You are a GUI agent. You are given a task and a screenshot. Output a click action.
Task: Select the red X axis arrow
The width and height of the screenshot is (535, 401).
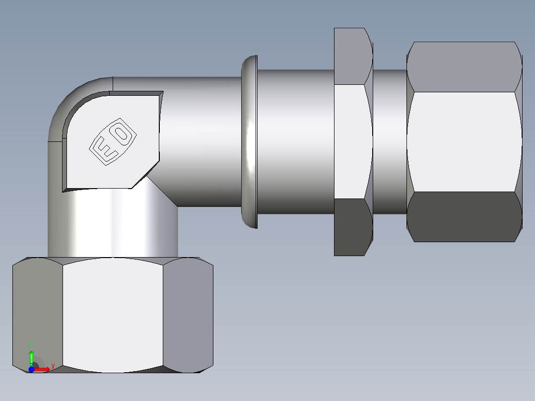click(x=42, y=369)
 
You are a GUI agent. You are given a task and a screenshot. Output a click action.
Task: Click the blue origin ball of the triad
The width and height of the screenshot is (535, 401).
click(x=31, y=369)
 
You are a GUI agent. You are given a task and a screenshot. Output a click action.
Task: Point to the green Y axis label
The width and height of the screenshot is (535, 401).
click(x=31, y=343)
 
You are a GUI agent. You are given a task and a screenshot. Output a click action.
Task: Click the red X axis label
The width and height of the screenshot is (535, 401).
click(x=52, y=366)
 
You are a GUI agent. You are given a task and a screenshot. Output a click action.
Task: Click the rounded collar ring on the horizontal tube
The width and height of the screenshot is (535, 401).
click(x=250, y=142)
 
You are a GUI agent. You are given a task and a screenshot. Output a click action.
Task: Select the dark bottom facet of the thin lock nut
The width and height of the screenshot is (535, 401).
click(x=353, y=227)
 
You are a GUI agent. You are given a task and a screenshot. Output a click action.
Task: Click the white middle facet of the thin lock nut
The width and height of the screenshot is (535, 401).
click(x=353, y=141)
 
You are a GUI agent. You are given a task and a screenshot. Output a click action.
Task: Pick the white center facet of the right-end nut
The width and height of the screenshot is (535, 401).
click(x=464, y=141)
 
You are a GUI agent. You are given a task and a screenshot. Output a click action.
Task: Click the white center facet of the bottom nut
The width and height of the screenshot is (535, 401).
click(x=113, y=315)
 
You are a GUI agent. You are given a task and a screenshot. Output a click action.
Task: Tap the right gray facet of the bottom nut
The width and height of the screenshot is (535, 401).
click(x=188, y=315)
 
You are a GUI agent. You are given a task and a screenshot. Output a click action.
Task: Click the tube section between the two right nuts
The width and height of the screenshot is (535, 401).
click(x=390, y=141)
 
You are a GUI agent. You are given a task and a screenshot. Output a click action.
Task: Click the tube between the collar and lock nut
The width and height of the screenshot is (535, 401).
click(x=295, y=141)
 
